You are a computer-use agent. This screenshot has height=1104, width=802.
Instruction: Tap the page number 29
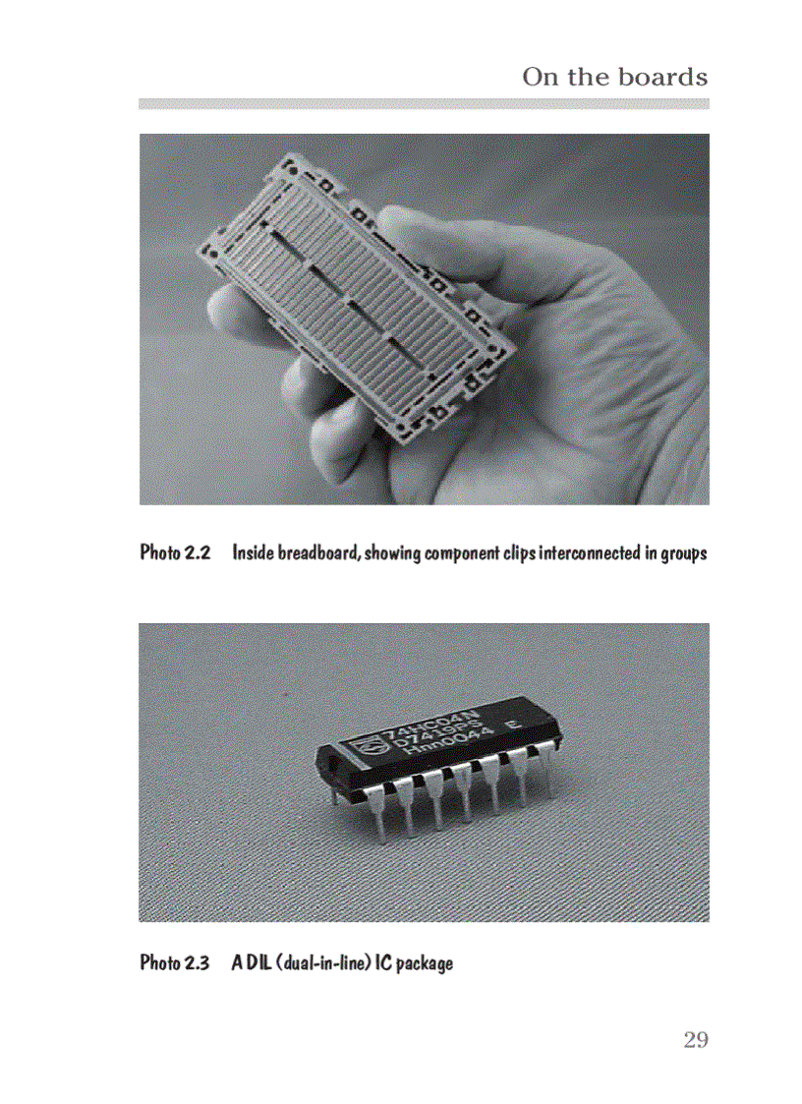click(x=696, y=1040)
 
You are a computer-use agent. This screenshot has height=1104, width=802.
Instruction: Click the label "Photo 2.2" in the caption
click(x=175, y=552)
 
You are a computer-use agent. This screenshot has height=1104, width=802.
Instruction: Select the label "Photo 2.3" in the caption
click(x=175, y=961)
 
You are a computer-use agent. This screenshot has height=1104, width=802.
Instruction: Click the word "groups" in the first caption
click(x=683, y=552)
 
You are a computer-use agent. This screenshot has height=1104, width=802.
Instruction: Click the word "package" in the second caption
click(x=425, y=961)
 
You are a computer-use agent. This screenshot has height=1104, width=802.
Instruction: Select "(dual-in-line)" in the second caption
click(x=322, y=961)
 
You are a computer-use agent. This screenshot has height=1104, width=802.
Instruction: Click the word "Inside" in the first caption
click(x=253, y=552)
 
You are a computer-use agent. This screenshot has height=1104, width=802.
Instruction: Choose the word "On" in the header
click(x=539, y=77)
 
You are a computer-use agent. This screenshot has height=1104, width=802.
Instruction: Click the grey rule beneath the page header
click(x=423, y=103)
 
